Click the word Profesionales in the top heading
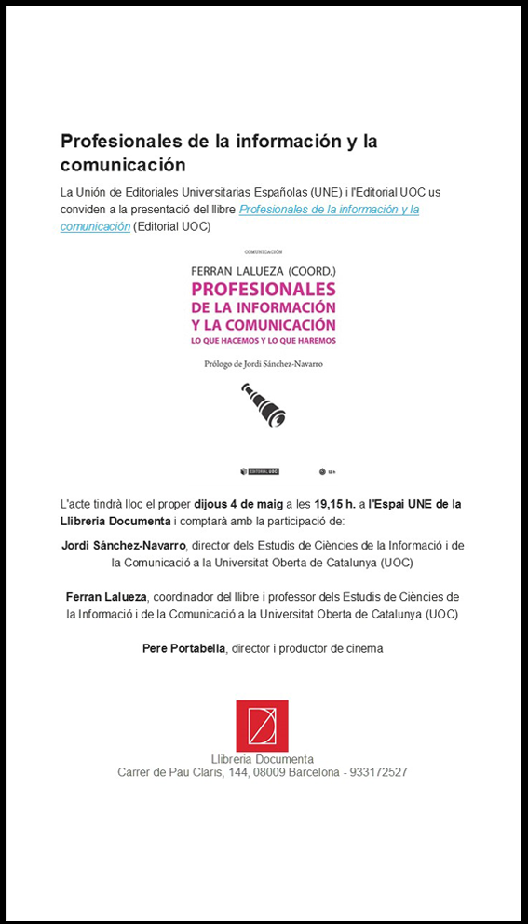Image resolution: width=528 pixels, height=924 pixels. tap(113, 142)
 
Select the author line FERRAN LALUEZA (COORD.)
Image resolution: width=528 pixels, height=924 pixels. tap(263, 270)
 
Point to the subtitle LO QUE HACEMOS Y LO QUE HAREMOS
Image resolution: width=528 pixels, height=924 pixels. tap(263, 341)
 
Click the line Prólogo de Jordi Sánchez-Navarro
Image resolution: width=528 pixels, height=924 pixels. tap(264, 364)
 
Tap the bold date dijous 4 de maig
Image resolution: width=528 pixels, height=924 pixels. tap(237, 504)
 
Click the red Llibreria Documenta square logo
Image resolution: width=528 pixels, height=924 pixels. tap(262, 726)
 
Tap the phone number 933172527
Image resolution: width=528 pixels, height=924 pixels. tap(376, 772)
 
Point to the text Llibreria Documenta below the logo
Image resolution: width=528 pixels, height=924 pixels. tap(262, 759)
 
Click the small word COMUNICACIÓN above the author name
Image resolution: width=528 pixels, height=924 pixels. tap(263, 252)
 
